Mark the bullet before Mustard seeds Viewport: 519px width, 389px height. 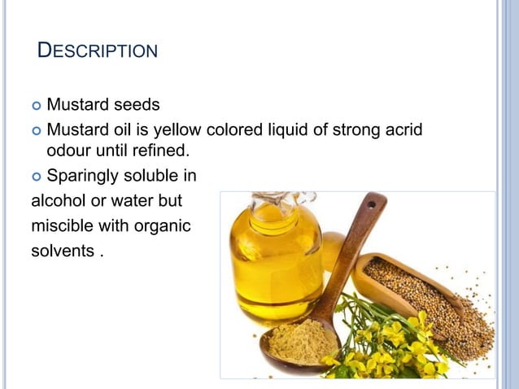36,106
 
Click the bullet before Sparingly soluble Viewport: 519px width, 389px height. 36,176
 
